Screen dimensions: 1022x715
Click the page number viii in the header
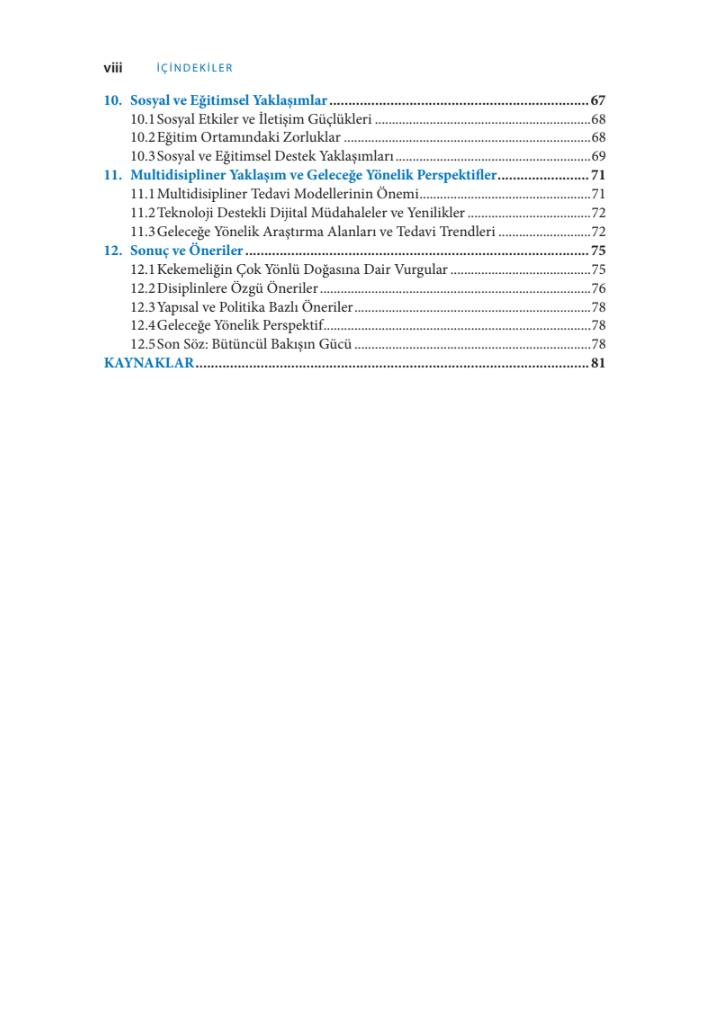[113, 68]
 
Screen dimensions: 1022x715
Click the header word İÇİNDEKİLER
[195, 68]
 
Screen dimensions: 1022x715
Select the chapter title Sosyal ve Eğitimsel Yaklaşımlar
[229, 101]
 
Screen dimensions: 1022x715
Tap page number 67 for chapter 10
[599, 101]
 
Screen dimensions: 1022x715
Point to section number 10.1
[143, 119]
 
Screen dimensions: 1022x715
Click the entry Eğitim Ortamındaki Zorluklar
[249, 137]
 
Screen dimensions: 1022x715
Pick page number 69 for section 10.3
[599, 156]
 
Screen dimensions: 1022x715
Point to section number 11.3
[143, 231]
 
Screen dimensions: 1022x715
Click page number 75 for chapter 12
[599, 250]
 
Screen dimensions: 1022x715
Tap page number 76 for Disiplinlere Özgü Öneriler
[599, 288]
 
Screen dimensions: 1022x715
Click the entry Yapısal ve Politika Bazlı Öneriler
[255, 307]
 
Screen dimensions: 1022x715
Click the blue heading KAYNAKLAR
[148, 363]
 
